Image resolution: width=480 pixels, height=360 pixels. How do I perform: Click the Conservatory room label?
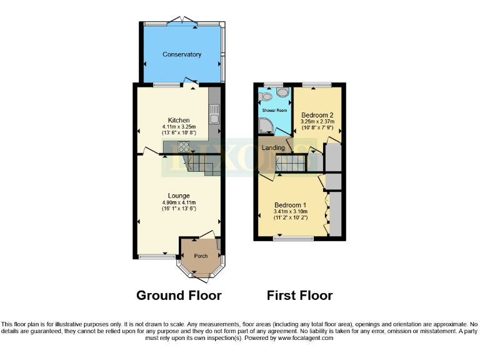tap(182, 54)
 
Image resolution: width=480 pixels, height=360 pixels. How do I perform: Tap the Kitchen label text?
tap(178, 120)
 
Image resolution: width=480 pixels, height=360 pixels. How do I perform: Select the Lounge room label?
tap(178, 196)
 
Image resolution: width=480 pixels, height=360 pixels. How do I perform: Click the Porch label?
tap(200, 256)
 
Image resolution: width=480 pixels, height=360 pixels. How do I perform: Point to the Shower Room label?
tap(274, 110)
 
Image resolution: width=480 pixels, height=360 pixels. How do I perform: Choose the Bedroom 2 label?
tap(317, 116)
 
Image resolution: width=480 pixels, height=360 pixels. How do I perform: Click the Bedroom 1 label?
tap(291, 204)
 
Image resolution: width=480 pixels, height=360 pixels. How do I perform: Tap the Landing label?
tap(273, 148)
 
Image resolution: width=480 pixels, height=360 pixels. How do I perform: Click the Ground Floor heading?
tap(179, 296)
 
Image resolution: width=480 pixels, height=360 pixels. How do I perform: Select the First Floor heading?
tap(299, 296)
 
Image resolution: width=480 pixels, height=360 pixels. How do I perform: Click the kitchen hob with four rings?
tap(184, 147)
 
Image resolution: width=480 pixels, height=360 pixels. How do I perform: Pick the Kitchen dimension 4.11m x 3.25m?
tap(178, 127)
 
